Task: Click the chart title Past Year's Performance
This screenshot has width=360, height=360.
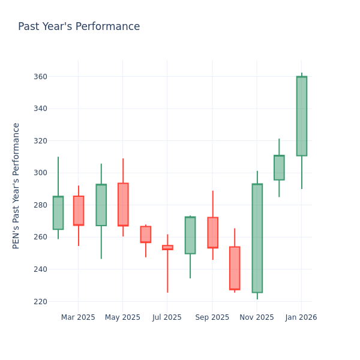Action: click(79, 27)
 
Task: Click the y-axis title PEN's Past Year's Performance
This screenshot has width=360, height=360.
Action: click(16, 185)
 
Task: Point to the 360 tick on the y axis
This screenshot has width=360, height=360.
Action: click(40, 77)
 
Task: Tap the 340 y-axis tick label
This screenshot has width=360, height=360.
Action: click(40, 109)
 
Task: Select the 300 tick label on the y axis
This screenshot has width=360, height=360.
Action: click(40, 173)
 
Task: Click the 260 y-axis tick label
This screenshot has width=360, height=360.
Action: click(40, 237)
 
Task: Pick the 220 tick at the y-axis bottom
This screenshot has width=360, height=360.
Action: click(40, 301)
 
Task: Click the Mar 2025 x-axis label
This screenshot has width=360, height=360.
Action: click(78, 317)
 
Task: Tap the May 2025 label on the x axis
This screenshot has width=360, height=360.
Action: click(122, 317)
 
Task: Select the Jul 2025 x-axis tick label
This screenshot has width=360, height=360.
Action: click(167, 317)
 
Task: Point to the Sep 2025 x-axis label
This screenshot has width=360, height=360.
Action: click(212, 317)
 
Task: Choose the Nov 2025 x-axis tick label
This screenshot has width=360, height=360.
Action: click(257, 317)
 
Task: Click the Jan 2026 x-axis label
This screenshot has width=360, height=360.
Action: click(301, 317)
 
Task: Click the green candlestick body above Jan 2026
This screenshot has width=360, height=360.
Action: click(301, 116)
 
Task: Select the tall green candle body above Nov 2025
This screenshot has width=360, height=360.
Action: click(257, 238)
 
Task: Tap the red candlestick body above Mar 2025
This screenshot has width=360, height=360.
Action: click(79, 211)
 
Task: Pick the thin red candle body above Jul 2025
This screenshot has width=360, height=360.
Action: click(167, 247)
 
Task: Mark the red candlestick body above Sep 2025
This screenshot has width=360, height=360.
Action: click(212, 232)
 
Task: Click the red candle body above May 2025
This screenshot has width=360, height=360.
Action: click(123, 204)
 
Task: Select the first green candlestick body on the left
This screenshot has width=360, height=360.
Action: click(58, 212)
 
